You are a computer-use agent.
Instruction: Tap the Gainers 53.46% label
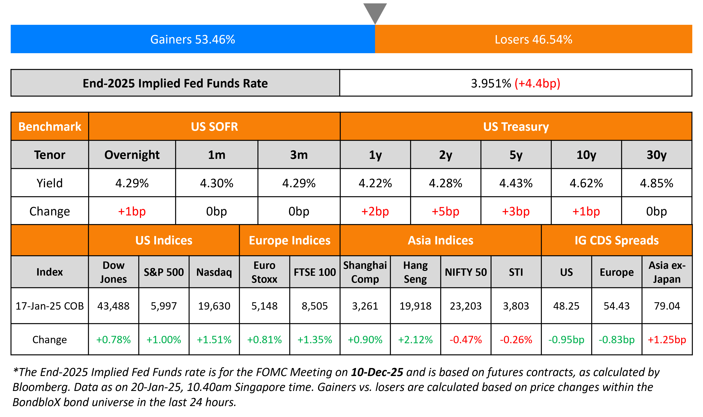tap(193, 39)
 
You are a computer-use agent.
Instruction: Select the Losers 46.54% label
tap(533, 39)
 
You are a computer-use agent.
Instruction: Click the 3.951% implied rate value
tap(491, 83)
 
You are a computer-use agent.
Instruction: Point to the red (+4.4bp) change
tap(537, 83)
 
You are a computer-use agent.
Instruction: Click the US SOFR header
tap(214, 127)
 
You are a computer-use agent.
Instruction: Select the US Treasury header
tap(516, 127)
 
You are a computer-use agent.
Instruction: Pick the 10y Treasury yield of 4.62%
tap(586, 183)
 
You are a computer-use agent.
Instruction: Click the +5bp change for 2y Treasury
tap(445, 211)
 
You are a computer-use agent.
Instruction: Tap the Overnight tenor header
tap(132, 155)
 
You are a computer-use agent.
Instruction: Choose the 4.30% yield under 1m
tap(217, 183)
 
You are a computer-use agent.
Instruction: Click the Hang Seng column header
tap(415, 272)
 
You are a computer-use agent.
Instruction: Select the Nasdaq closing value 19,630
tap(214, 306)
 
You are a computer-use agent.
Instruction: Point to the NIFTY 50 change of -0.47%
tap(466, 340)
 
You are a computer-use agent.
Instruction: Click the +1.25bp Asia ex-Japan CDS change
tap(667, 340)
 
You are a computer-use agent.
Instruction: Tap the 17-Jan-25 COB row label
tap(50, 306)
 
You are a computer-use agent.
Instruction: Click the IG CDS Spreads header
tap(616, 240)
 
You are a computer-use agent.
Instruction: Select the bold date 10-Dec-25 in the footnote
tap(377, 372)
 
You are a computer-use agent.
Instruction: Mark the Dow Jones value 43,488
tap(113, 306)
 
